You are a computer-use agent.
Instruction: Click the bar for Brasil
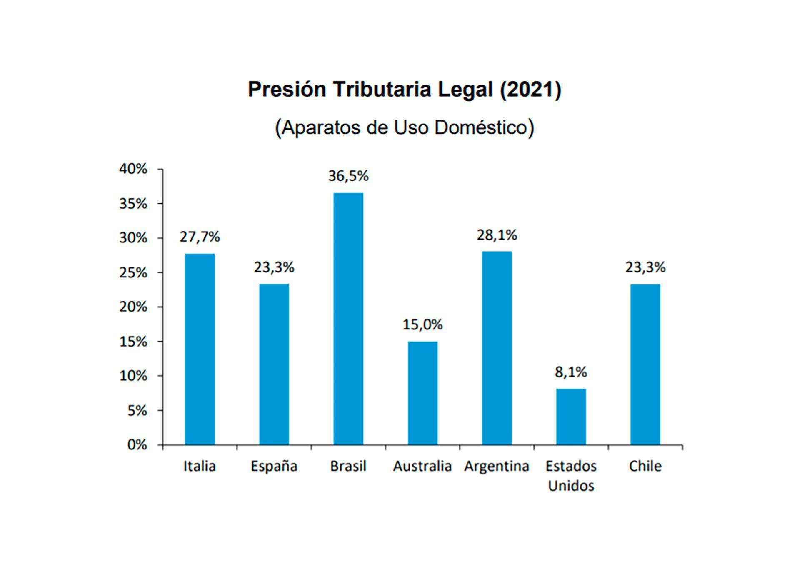pos(348,319)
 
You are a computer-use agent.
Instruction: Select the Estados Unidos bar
pos(571,417)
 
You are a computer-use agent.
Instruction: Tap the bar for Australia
pos(422,393)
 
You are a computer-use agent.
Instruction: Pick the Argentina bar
pos(497,348)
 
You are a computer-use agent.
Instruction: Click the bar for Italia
pos(200,349)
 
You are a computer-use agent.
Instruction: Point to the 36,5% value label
pos(348,176)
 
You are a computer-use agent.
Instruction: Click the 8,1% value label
pos(571,372)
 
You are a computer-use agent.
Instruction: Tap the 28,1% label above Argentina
pos(497,235)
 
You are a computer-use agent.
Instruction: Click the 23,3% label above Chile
pos(645,267)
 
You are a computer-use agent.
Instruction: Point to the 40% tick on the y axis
pos(133,169)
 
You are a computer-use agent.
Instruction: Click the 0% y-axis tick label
pos(137,445)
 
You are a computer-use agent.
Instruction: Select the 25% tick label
pos(133,273)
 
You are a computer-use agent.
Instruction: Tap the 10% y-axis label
pos(133,376)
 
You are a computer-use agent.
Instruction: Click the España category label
pos(274,466)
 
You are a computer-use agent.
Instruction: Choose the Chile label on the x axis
pos(645,466)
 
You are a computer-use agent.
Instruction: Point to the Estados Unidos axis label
pos(571,476)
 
